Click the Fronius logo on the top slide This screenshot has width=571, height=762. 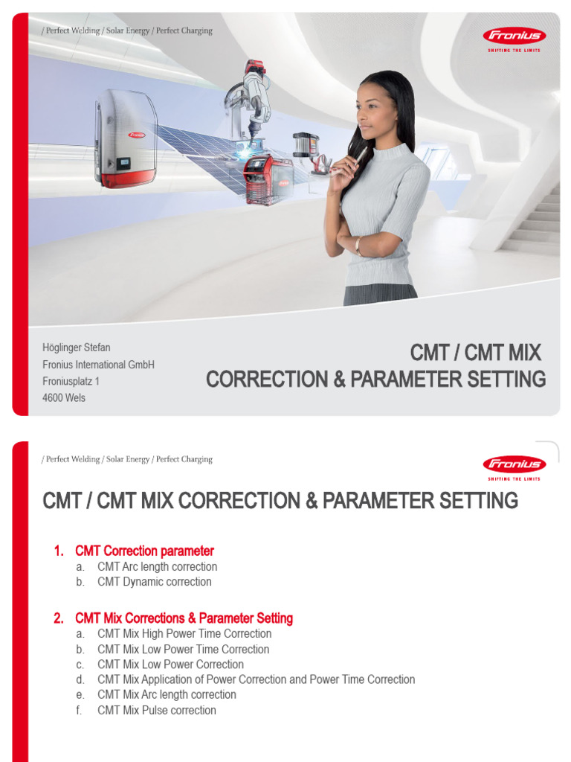(x=514, y=35)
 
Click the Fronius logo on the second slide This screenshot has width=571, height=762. (x=514, y=464)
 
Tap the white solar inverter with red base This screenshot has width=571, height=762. (x=126, y=139)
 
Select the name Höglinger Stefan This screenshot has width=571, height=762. (x=77, y=348)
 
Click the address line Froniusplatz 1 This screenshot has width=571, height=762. (x=71, y=381)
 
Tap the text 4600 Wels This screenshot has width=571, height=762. (x=64, y=397)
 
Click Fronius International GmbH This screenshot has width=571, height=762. (x=98, y=365)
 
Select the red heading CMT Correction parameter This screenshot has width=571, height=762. (x=144, y=551)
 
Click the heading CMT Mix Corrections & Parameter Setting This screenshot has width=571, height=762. (x=184, y=618)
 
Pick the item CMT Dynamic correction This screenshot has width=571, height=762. (x=154, y=582)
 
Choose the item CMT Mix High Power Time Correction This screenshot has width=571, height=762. (x=184, y=633)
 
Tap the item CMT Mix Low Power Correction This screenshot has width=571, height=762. (x=170, y=664)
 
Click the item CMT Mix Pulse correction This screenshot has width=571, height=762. (x=156, y=710)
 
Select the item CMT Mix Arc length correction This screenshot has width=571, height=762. (x=167, y=694)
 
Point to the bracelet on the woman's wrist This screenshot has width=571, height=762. (x=358, y=246)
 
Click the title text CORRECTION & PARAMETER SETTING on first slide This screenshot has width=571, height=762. (x=375, y=379)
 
